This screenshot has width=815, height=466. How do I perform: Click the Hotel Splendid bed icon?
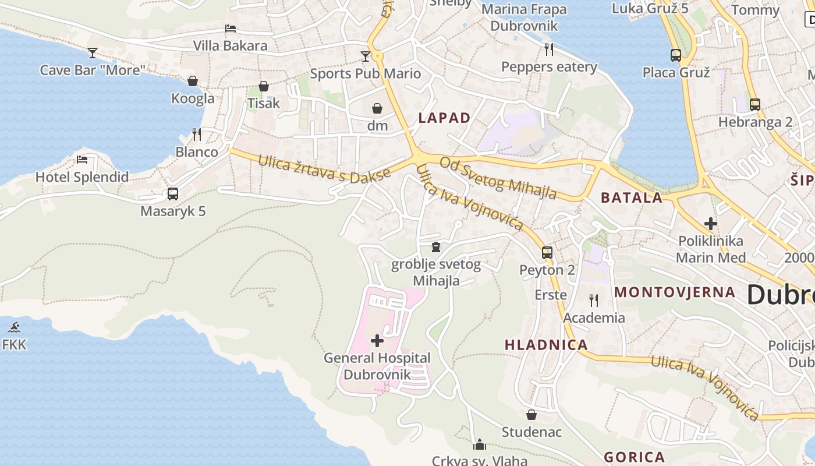click(x=82, y=160)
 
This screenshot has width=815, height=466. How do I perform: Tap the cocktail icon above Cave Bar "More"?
click(x=93, y=53)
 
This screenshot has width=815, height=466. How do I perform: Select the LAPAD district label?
click(x=444, y=118)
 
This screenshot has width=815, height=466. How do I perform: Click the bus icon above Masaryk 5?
click(x=173, y=194)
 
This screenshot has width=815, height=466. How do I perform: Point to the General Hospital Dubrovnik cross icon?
click(x=377, y=341)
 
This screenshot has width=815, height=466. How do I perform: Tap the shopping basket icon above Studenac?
click(x=531, y=415)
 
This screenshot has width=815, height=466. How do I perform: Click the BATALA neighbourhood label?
click(x=632, y=197)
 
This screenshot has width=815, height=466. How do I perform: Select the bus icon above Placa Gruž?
click(x=676, y=55)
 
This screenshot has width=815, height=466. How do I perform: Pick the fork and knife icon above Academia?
click(x=594, y=301)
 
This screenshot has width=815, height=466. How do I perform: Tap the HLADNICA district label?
click(x=546, y=345)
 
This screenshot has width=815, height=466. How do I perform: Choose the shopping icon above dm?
click(x=377, y=108)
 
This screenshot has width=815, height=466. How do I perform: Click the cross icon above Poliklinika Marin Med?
click(x=710, y=224)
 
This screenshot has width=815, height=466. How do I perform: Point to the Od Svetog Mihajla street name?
click(x=498, y=178)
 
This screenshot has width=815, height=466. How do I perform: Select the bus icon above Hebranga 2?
click(x=755, y=105)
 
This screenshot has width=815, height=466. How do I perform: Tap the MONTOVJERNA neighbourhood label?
click(x=675, y=292)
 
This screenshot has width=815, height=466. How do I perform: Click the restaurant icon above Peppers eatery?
click(x=548, y=49)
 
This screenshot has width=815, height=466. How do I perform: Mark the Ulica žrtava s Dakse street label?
click(x=324, y=168)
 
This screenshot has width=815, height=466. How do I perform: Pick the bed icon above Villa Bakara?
click(x=231, y=29)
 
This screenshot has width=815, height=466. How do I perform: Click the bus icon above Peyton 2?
click(x=547, y=253)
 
